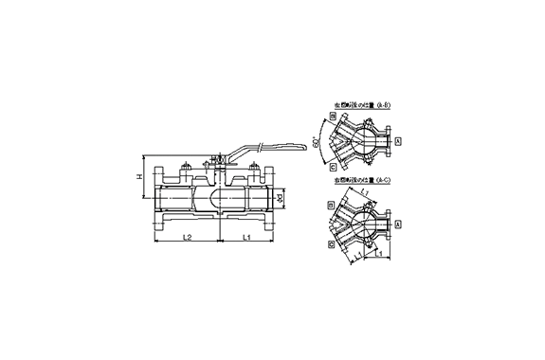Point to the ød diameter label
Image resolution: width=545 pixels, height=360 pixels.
pyautogui.click(x=282, y=200)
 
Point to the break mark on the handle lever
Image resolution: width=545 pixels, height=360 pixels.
pyautogui.click(x=258, y=146)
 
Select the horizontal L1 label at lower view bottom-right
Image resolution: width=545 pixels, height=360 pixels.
pyautogui.click(x=378, y=254)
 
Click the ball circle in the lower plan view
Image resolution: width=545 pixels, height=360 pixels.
pyautogui.click(x=364, y=225)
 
